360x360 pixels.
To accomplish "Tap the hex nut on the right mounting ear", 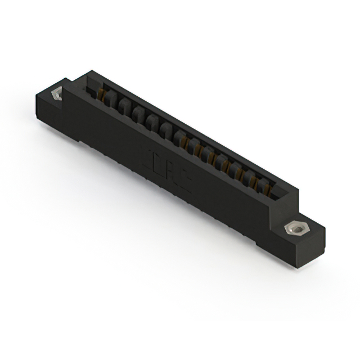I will coord(294,229).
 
